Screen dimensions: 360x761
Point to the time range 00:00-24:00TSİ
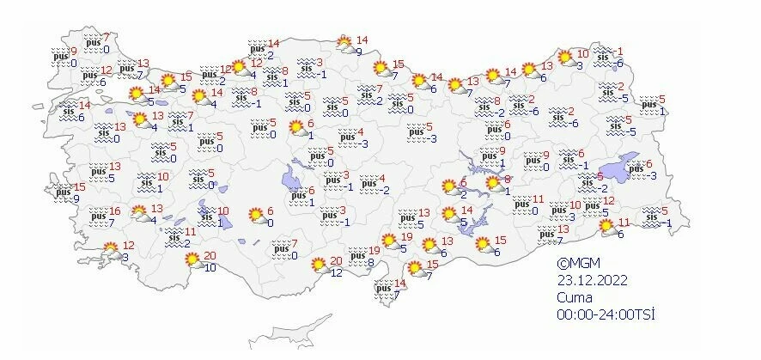606,315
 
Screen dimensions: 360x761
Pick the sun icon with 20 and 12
319,265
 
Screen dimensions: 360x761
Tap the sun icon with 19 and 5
389,241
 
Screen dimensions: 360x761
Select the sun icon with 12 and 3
112,250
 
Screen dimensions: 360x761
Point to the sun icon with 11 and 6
606,226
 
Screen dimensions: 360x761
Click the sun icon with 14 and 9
344,44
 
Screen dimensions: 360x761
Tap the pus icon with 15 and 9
63,193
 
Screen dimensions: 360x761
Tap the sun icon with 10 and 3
565,58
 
